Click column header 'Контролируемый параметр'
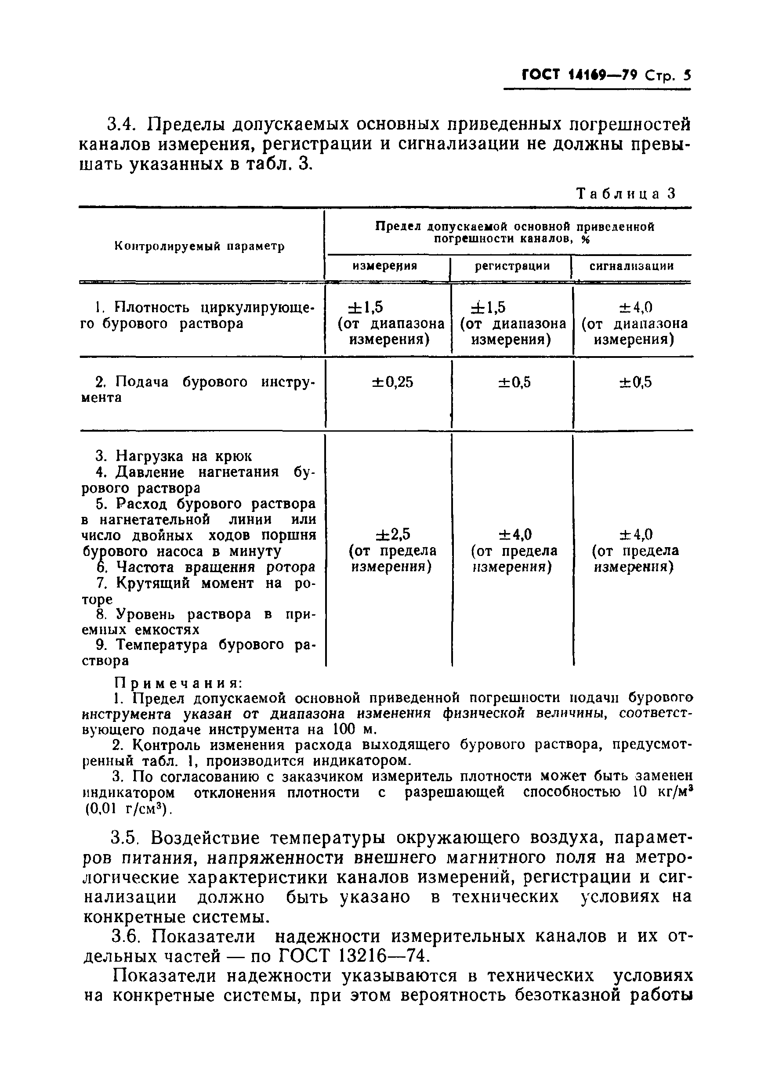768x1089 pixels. pyautogui.click(x=200, y=246)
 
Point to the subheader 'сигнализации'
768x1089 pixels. pyautogui.click(x=631, y=266)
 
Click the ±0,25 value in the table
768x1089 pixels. pyautogui.click(x=392, y=382)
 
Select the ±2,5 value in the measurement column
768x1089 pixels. pyautogui.click(x=392, y=535)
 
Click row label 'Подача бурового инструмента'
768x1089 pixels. pyautogui.click(x=199, y=382)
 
